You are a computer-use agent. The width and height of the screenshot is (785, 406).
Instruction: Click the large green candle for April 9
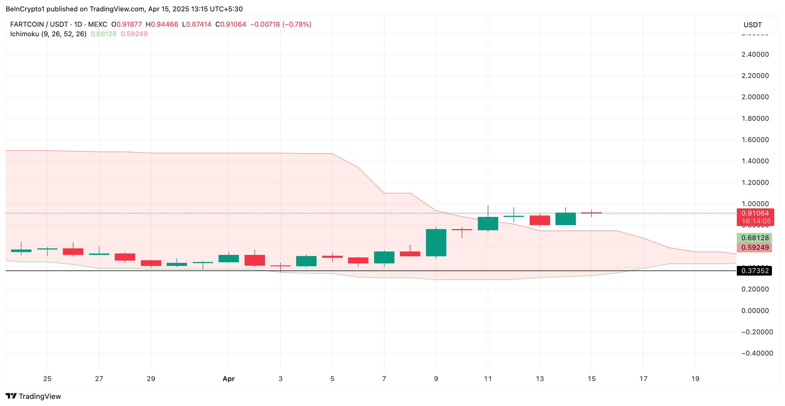point(436,243)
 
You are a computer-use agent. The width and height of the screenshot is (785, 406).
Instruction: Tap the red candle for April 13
point(539,220)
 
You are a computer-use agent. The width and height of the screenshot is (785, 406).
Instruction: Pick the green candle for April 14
point(565,219)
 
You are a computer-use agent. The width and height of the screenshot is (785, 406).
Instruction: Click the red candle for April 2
point(254,260)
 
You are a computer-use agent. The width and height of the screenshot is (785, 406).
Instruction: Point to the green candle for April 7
point(384,257)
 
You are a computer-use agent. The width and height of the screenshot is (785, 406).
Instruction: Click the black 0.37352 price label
point(754,271)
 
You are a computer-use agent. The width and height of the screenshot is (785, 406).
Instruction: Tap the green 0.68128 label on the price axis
point(754,238)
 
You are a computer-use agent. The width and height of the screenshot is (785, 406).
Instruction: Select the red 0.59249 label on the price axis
point(754,248)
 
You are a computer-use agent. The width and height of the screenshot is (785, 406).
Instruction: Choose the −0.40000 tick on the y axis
point(756,353)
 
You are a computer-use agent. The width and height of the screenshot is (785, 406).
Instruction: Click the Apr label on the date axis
point(228,378)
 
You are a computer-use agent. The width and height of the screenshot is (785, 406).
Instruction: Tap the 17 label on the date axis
point(643,378)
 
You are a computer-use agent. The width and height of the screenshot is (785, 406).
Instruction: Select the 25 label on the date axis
point(47,378)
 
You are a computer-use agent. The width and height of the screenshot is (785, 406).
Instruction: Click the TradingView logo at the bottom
point(33,396)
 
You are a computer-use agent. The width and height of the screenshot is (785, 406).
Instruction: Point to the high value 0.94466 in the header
point(164,24)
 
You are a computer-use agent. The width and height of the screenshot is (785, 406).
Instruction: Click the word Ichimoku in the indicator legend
point(24,34)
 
